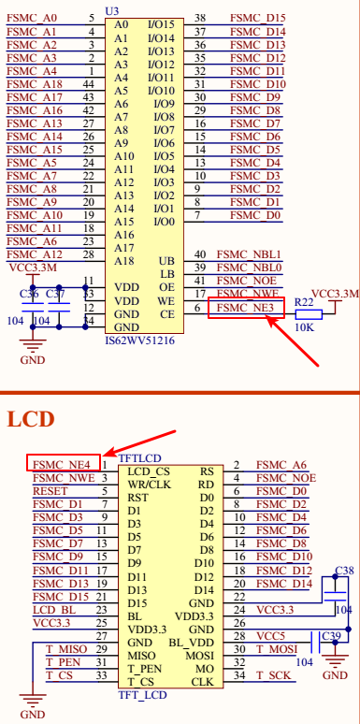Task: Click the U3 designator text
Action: [112, 8]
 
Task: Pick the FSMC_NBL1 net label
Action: [249, 254]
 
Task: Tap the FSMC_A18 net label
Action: [34, 84]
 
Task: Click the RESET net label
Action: [50, 490]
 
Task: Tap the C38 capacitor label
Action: [344, 570]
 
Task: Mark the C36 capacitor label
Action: [29, 294]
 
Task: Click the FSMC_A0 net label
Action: [32, 18]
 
